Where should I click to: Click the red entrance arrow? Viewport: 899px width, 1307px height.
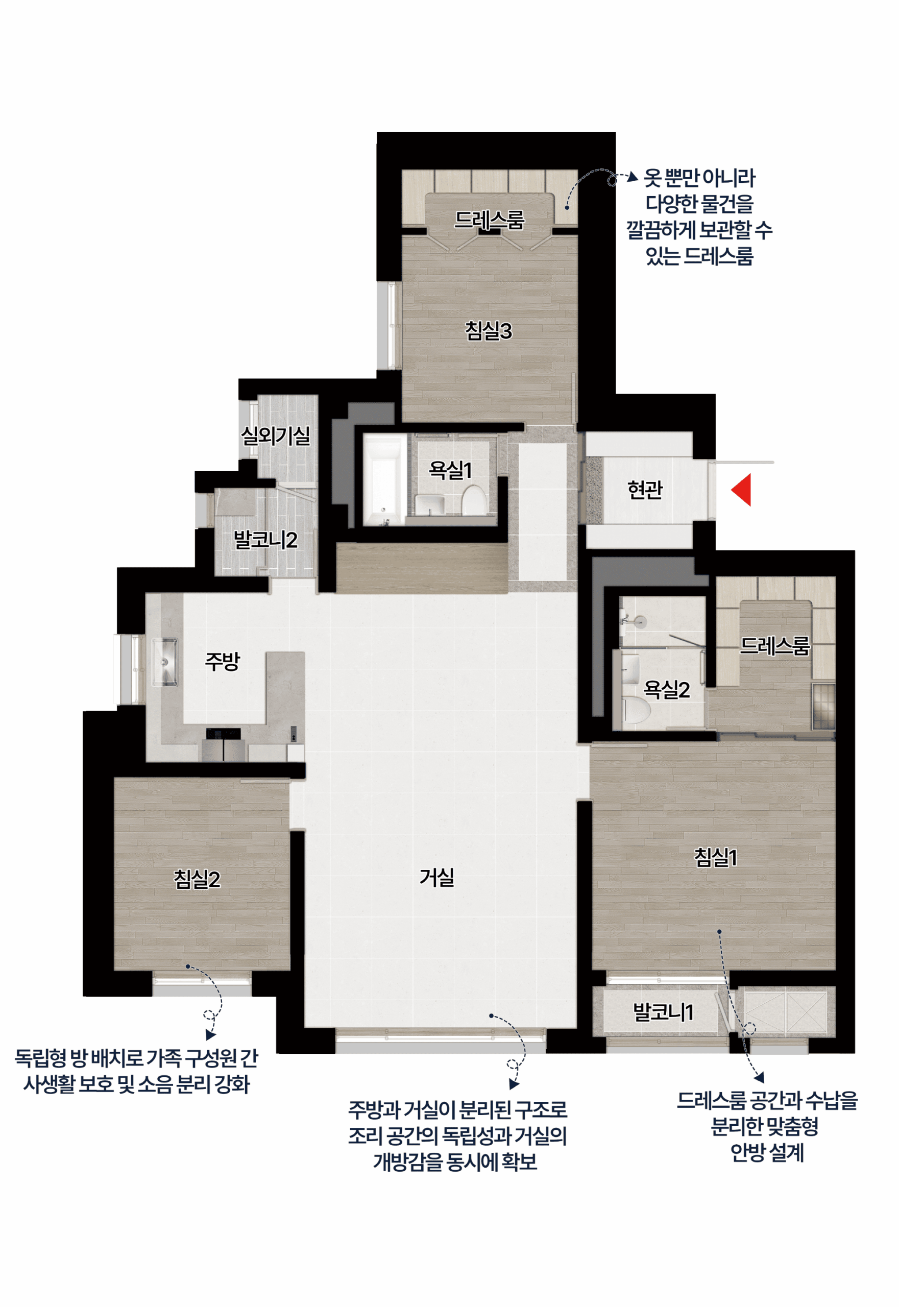(742, 490)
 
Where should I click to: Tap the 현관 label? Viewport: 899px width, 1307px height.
(645, 489)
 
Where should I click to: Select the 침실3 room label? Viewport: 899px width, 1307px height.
(489, 331)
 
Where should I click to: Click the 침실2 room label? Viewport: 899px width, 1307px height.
(197, 879)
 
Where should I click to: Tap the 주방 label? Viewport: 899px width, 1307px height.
(222, 661)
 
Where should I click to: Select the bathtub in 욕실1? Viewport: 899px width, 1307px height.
(384, 480)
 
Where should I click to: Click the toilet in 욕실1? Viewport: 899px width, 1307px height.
(474, 499)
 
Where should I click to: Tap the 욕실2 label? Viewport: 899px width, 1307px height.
(666, 689)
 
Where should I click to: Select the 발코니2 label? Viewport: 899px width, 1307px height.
(265, 540)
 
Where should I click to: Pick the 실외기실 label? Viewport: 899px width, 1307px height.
(276, 435)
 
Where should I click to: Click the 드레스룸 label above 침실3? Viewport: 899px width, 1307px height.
(489, 219)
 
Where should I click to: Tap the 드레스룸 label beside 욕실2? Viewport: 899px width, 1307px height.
(774, 646)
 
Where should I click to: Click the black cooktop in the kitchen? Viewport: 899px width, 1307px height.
(223, 734)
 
